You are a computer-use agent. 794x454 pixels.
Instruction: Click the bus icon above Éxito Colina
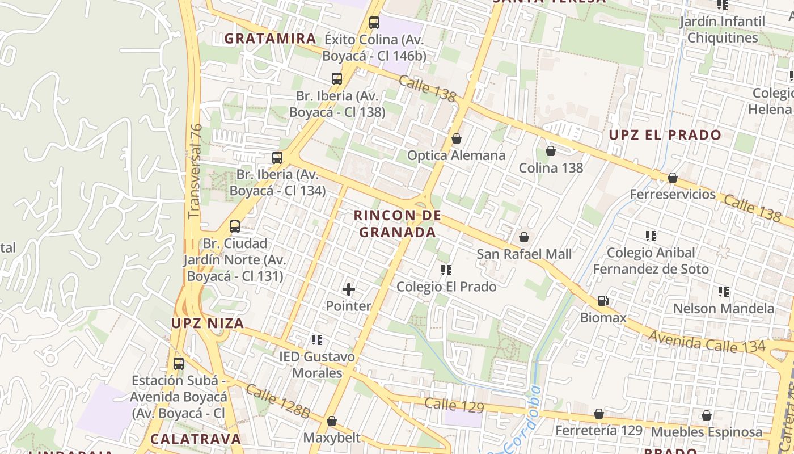[x=374, y=23]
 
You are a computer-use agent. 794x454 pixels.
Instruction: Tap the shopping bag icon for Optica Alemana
[x=457, y=138]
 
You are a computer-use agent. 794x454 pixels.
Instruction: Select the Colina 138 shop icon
[x=550, y=151]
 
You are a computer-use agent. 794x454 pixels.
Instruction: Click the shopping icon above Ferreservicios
[x=672, y=178]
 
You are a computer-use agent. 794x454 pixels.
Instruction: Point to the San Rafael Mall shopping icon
[x=524, y=237]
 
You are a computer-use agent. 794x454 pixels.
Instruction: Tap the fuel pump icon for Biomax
[x=603, y=301]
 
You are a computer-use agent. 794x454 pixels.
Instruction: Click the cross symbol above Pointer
[x=348, y=289]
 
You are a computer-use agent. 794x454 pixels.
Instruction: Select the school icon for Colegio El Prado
[x=446, y=270]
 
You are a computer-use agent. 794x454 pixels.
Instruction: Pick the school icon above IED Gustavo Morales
[x=316, y=340]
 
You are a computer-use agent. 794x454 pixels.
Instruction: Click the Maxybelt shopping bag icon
[x=331, y=421]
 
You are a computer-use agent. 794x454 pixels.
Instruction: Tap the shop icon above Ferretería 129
[x=598, y=414]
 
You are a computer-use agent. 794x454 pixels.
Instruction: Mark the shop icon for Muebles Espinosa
[x=706, y=415]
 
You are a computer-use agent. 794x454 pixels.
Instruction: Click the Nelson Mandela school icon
[x=723, y=292]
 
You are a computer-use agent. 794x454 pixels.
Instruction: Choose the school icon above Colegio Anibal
[x=651, y=236]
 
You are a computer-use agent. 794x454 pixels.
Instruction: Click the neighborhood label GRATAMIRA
[x=270, y=39]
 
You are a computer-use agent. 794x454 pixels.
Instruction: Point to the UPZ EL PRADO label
[x=665, y=135]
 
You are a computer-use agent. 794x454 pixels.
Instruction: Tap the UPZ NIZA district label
[x=208, y=323]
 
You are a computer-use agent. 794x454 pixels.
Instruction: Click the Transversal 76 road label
[x=195, y=171]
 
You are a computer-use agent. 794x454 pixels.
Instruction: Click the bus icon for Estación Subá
[x=179, y=364]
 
